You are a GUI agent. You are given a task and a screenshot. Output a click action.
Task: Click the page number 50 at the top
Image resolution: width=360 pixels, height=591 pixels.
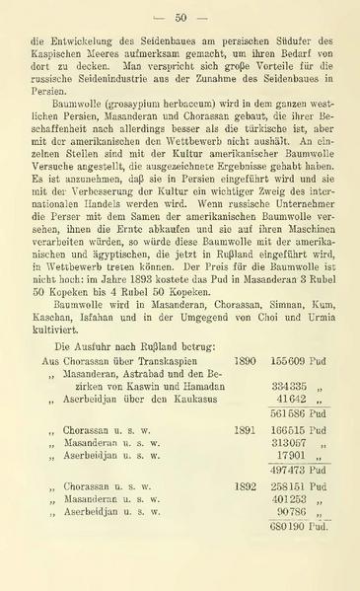tap(180, 17)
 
